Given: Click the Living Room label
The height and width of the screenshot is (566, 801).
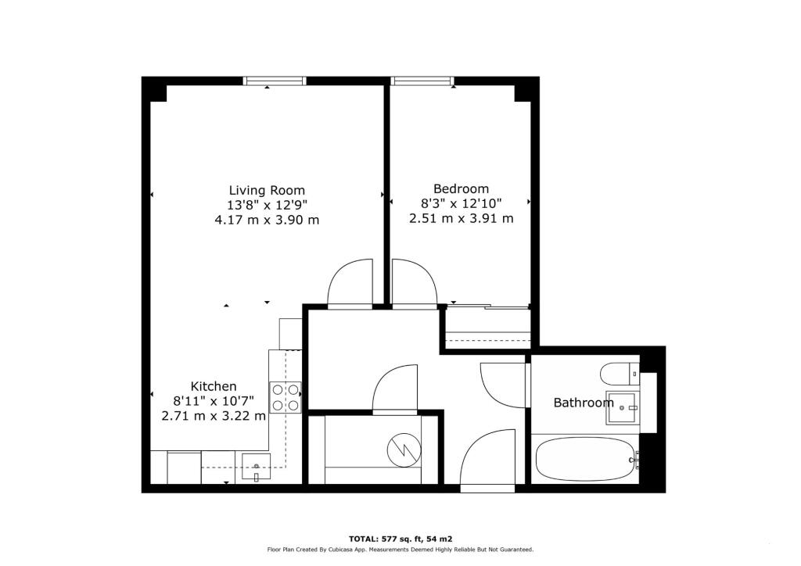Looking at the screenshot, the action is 267,191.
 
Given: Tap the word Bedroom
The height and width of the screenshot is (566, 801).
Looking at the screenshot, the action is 461,188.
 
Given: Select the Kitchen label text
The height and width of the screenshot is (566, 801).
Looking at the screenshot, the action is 214,386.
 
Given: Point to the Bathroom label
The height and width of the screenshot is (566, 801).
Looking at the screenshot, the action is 584,403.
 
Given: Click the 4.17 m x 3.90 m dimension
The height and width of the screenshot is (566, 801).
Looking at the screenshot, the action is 267,220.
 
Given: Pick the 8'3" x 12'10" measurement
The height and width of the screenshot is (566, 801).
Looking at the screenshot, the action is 461,203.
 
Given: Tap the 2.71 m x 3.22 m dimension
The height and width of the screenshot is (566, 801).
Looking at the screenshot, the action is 214,416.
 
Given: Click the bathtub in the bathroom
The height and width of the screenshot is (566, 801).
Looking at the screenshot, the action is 584,459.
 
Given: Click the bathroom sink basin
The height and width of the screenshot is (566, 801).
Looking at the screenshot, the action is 621,408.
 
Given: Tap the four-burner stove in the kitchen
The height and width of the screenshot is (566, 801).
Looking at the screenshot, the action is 286,398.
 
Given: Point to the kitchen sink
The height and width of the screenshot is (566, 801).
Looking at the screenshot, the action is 256,467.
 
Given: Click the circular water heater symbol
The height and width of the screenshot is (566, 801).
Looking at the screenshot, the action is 404,450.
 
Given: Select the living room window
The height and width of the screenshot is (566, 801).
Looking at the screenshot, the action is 275,81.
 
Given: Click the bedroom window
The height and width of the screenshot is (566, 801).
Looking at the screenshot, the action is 422,81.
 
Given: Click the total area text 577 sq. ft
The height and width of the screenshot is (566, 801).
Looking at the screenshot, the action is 400,539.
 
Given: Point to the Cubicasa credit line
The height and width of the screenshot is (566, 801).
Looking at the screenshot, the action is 400,550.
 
